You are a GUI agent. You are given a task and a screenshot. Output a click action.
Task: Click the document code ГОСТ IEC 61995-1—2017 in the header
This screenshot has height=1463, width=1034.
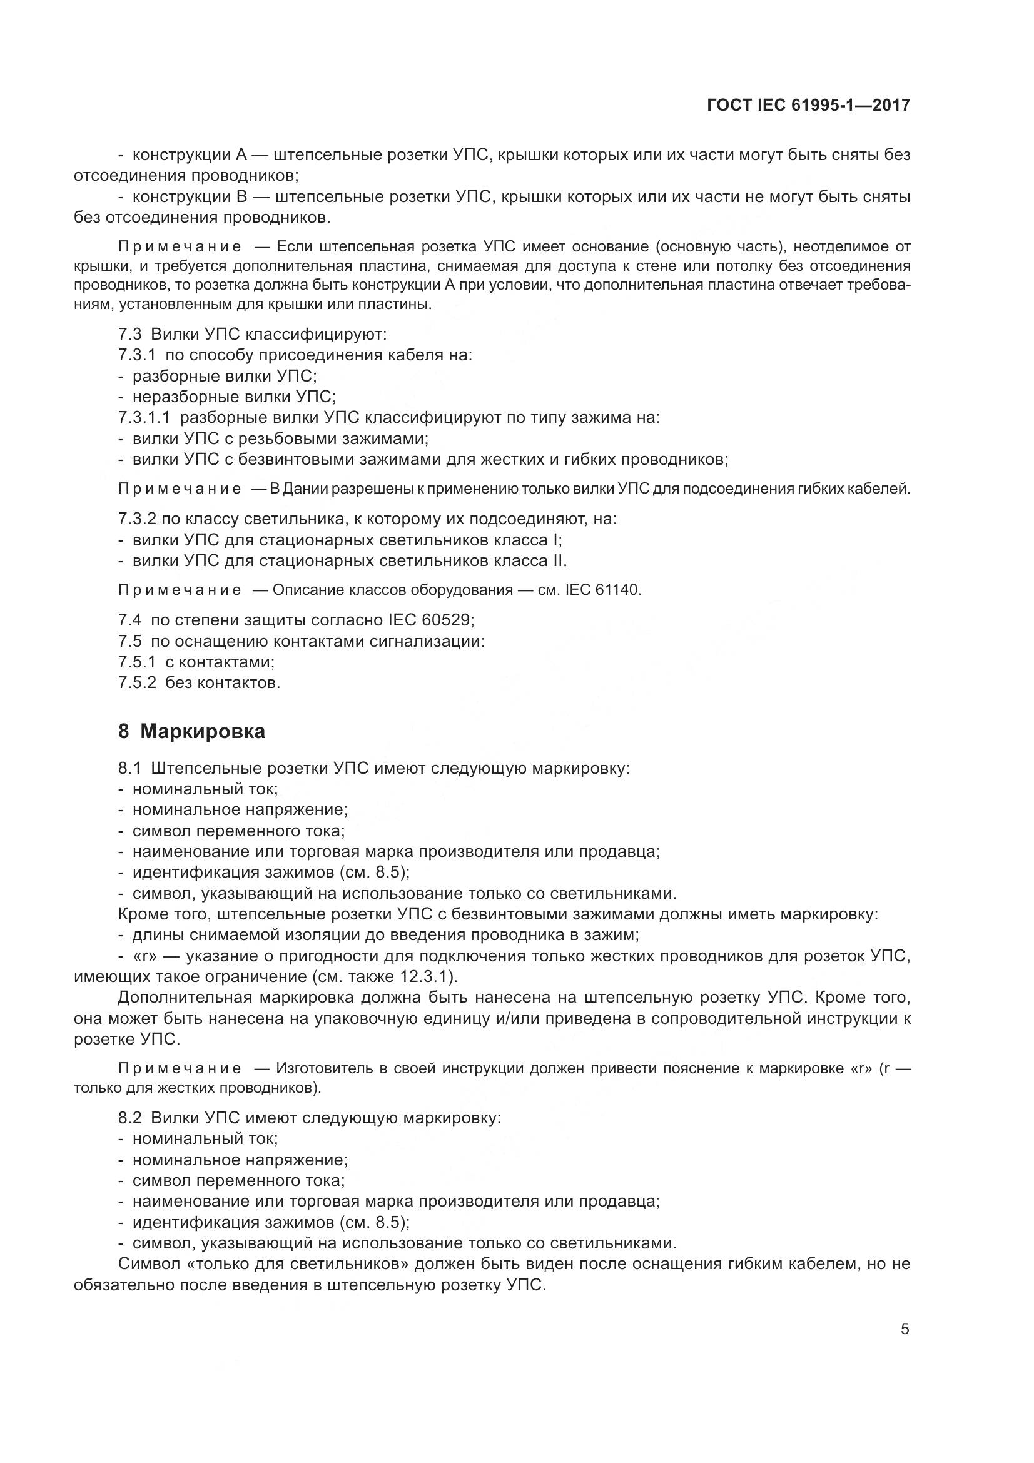tap(808, 105)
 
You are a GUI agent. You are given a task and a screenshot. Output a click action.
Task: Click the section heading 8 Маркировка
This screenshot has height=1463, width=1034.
tap(191, 732)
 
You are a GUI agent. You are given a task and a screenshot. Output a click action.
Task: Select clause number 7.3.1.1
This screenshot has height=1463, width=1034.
tap(144, 418)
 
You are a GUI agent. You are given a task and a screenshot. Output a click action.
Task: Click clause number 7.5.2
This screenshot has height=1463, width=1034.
tap(136, 683)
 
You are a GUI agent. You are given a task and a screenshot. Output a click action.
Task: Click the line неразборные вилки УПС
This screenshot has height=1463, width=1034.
tap(233, 397)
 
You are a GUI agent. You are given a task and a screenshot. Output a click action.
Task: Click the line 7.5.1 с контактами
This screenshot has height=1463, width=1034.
tap(196, 662)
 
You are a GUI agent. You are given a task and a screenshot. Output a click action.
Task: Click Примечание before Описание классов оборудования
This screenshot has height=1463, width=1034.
tap(180, 590)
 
